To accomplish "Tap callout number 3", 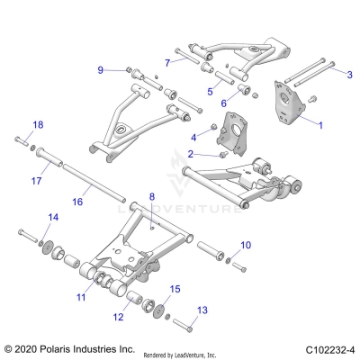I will tap(348, 74).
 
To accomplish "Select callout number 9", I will tap(101, 69).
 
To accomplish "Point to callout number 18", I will tap(37, 124).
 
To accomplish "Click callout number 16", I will tap(76, 202).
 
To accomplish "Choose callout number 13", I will tap(202, 309).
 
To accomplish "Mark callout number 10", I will tap(247, 244).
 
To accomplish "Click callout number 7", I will tap(167, 61).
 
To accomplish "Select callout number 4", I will tap(193, 137).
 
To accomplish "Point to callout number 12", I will tap(119, 317).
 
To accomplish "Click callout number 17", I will tap(37, 181).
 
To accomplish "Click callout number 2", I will tap(190, 154).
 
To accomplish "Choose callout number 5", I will tap(210, 91).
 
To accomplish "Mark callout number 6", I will tap(223, 104).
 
